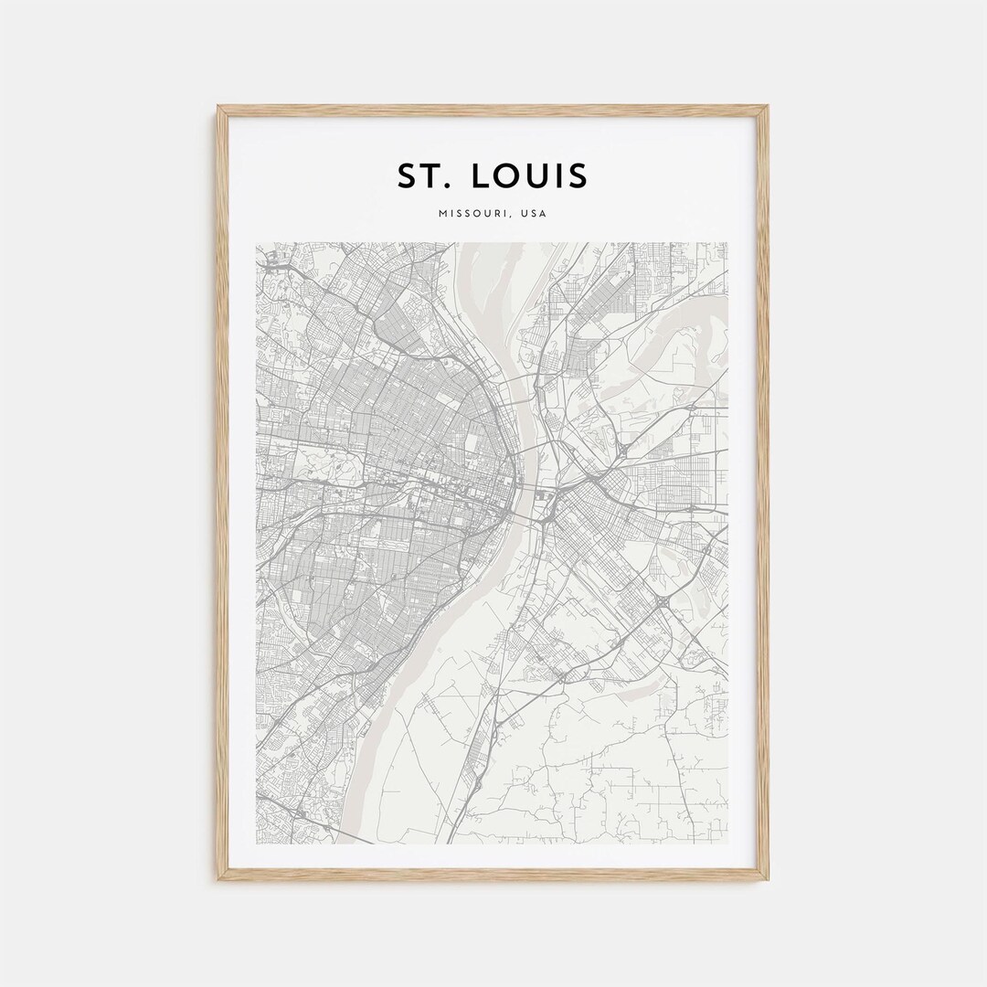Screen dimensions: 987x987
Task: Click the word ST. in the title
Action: pyautogui.click(x=422, y=175)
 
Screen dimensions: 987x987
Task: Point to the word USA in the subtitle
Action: pyautogui.click(x=535, y=214)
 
